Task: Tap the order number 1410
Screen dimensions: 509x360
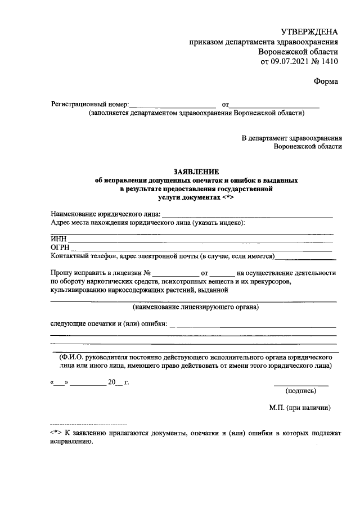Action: (x=330, y=62)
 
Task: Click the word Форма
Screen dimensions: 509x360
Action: (x=326, y=82)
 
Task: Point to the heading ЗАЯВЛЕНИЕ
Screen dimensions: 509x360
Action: (x=196, y=171)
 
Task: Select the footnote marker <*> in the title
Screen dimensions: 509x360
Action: (x=227, y=198)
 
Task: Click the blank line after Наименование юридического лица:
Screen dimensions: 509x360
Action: (x=247, y=215)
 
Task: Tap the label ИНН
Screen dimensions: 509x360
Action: (x=58, y=239)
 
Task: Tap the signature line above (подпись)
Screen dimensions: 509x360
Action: (x=301, y=385)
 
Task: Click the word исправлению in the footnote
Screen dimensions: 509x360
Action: (x=71, y=442)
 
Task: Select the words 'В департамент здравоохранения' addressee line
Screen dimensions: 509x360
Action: (x=291, y=137)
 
